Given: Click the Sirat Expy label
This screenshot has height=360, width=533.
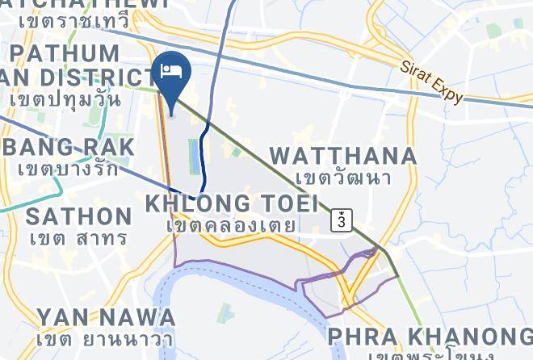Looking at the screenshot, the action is click(431, 80).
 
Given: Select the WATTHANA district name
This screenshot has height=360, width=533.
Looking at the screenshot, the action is click(343, 155).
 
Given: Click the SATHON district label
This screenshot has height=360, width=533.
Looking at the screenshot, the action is click(78, 216).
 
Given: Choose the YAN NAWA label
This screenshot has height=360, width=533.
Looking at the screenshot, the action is click(106, 316).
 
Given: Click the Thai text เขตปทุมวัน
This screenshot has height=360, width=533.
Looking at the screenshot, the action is click(66, 99).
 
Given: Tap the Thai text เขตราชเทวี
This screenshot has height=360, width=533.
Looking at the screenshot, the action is click(73, 19).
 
